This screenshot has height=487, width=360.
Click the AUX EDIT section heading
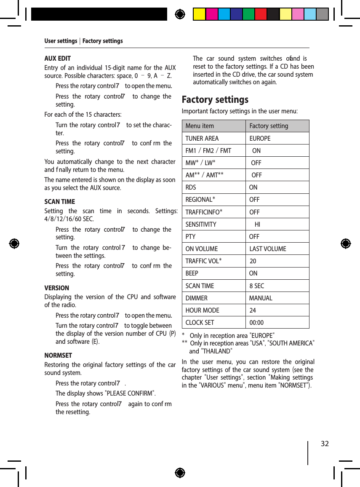click(58, 59)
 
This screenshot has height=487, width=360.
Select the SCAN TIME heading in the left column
click(60, 201)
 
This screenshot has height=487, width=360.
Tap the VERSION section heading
click(57, 288)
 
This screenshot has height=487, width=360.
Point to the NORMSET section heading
click(58, 355)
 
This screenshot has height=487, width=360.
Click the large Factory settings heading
click(215, 100)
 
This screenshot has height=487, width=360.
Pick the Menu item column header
click(200, 126)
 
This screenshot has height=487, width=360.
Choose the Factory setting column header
click(269, 126)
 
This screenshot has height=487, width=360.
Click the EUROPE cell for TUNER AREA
click(260, 138)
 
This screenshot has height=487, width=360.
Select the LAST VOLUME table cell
click(267, 249)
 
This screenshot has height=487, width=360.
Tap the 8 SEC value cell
click(256, 286)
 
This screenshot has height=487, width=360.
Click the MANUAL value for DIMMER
click(261, 298)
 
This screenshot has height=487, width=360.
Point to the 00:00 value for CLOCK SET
click(256, 323)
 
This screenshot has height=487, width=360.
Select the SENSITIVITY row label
click(201, 224)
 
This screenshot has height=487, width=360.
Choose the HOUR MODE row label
click(202, 310)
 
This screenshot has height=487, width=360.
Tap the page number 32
click(325, 444)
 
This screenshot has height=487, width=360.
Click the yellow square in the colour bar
click(199, 14)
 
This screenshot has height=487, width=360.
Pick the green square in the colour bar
click(248, 14)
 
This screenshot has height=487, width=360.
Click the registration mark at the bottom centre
click(180, 473)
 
